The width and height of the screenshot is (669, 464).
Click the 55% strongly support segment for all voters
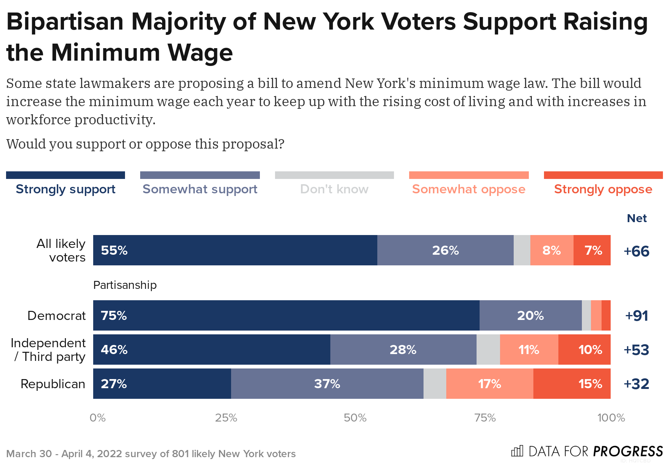(235, 250)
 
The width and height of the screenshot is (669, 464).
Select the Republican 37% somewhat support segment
(327, 384)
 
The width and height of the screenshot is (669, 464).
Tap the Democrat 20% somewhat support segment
(530, 315)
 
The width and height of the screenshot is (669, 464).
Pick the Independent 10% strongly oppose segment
(584, 350)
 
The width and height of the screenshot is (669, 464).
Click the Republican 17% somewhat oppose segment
(489, 384)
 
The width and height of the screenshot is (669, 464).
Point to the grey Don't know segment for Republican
(435, 384)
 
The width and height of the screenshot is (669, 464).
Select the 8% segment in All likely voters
(552, 250)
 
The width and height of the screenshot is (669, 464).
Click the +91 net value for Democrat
(636, 315)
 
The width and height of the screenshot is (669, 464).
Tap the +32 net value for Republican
(636, 384)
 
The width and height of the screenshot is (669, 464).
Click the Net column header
(636, 218)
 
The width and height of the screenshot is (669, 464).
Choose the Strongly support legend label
(66, 189)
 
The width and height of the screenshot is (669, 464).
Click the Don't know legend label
(334, 189)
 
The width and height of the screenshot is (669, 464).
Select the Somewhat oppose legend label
(469, 189)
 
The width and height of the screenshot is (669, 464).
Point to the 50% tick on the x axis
(355, 418)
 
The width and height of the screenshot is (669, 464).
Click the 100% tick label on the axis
(611, 418)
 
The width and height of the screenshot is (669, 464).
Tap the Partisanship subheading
(125, 285)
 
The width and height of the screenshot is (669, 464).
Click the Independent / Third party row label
(48, 350)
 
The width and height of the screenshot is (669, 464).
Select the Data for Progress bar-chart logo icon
(517, 451)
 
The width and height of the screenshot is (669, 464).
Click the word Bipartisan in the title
(65, 22)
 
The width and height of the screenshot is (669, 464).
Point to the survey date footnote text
(151, 454)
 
